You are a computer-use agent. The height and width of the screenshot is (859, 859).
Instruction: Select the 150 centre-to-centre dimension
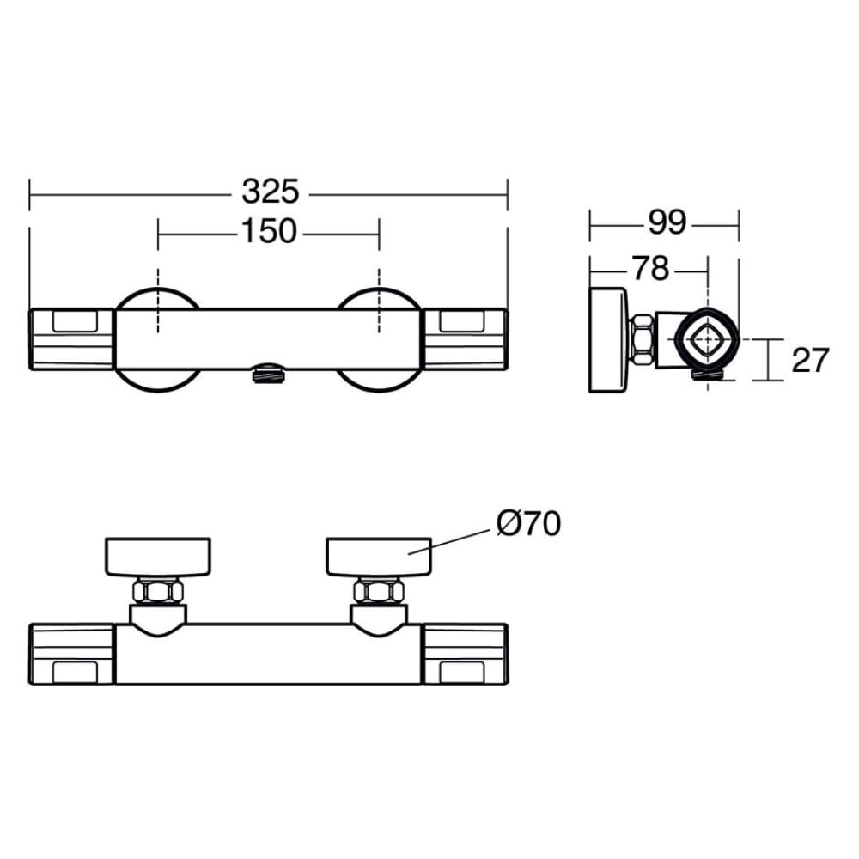(x=268, y=231)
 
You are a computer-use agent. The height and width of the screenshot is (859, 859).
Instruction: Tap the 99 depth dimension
(x=666, y=223)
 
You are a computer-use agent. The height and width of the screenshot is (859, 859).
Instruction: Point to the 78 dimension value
(x=649, y=269)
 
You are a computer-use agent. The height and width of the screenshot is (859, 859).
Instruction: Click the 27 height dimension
(x=810, y=361)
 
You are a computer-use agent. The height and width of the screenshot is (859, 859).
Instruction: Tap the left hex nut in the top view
(x=158, y=591)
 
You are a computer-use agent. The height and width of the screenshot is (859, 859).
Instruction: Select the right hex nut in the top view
(x=378, y=591)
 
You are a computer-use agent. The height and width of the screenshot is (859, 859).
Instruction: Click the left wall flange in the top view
(x=158, y=557)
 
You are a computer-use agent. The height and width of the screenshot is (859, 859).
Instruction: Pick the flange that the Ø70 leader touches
(x=378, y=557)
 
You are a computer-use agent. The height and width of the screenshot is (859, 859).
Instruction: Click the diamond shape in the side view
(x=707, y=341)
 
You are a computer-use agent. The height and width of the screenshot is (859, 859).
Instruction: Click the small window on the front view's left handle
(x=75, y=320)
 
